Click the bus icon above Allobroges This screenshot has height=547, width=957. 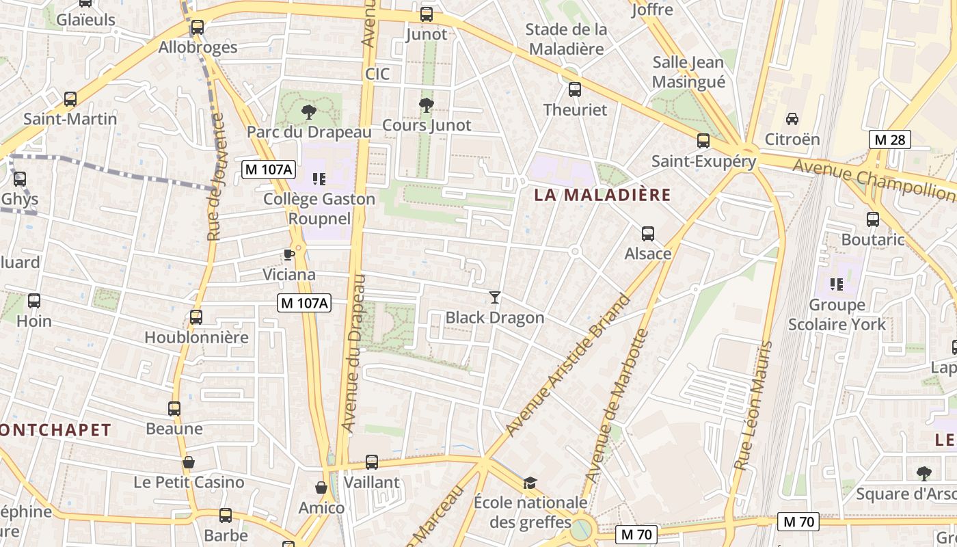[198, 27]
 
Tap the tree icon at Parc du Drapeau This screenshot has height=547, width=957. [309, 111]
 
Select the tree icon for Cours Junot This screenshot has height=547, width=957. [427, 105]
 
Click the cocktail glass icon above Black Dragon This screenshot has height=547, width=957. [495, 297]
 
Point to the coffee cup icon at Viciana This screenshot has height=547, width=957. [289, 254]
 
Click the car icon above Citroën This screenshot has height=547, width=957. [792, 119]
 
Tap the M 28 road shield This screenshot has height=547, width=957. [890, 140]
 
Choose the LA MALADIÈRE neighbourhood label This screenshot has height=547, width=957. [602, 195]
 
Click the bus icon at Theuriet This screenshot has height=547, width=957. [575, 90]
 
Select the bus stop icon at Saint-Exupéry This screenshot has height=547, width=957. [703, 141]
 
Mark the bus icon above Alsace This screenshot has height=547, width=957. [648, 234]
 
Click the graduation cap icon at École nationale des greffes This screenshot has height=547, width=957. [530, 483]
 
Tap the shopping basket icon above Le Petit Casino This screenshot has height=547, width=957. [189, 462]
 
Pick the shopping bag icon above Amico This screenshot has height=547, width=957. [321, 488]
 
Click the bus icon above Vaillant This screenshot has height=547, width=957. [372, 462]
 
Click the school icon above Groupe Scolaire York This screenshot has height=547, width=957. [837, 284]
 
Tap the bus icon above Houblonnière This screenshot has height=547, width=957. [196, 317]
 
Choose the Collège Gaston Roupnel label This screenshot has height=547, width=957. [320, 209]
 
